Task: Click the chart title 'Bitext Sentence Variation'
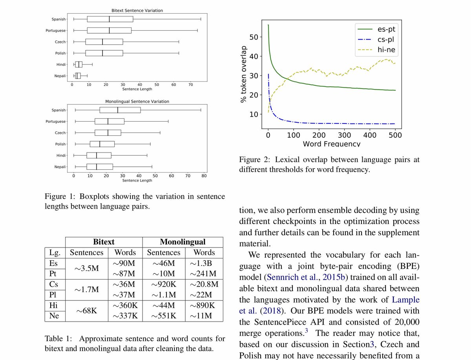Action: point(138,10)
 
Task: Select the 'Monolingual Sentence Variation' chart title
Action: point(137,102)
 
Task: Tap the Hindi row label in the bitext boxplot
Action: point(60,64)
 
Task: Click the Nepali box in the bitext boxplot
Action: point(78,76)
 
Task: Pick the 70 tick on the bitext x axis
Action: point(190,84)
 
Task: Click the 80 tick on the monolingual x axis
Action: point(204,176)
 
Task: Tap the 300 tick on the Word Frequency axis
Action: point(344,135)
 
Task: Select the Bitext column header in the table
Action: point(104,242)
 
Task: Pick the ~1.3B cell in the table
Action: point(204,263)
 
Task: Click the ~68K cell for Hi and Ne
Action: point(87,311)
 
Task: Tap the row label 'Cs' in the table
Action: point(55,284)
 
